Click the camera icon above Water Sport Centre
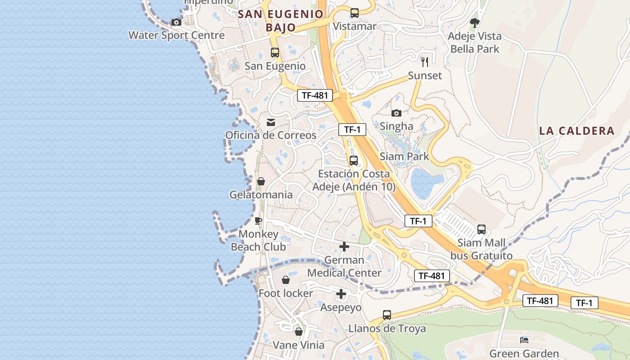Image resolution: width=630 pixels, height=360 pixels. pyautogui.click(x=176, y=22)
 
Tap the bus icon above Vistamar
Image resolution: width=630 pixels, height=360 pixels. pyautogui.click(x=355, y=13)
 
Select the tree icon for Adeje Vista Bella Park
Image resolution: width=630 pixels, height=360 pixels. pyautogui.click(x=474, y=22)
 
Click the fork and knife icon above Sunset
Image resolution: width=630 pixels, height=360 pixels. pyautogui.click(x=425, y=62)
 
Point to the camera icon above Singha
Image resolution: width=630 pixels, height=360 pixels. pyautogui.click(x=396, y=113)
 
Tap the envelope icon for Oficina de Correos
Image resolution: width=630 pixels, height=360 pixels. pyautogui.click(x=271, y=122)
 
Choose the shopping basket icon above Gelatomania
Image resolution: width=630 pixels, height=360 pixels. pyautogui.click(x=261, y=181)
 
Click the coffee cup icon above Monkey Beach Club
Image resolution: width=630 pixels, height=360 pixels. pyautogui.click(x=258, y=220)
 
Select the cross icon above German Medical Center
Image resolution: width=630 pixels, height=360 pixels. pyautogui.click(x=344, y=247)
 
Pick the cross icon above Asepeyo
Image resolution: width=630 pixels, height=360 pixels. pyautogui.click(x=341, y=294)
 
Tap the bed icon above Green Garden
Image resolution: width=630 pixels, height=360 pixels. pyautogui.click(x=524, y=340)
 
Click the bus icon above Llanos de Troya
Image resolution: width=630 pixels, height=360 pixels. pyautogui.click(x=387, y=315)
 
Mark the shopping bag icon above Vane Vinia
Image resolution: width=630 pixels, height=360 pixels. pyautogui.click(x=299, y=332)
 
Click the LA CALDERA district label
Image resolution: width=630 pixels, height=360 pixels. pyautogui.click(x=576, y=131)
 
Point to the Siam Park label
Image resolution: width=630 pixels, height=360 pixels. pyautogui.click(x=404, y=157)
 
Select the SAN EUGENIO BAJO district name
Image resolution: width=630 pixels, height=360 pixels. pyautogui.click(x=281, y=21)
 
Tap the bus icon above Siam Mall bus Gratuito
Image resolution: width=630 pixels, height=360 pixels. pyautogui.click(x=481, y=229)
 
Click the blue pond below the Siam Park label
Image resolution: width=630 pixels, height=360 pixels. pyautogui.click(x=422, y=184)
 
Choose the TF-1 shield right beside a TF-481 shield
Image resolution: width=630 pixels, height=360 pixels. pyautogui.click(x=584, y=303)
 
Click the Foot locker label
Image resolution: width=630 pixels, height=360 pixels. pyautogui.click(x=286, y=293)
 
